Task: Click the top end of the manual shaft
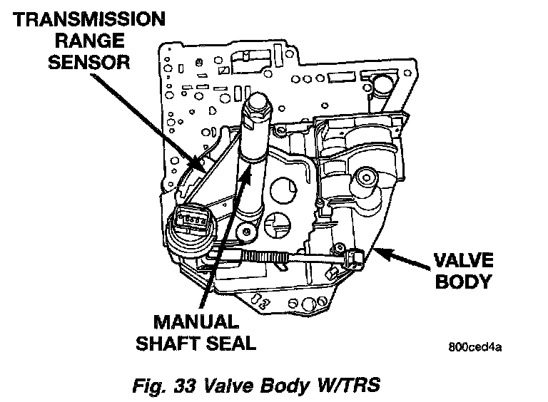point(255,104)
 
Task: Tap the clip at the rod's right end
point(352,256)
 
